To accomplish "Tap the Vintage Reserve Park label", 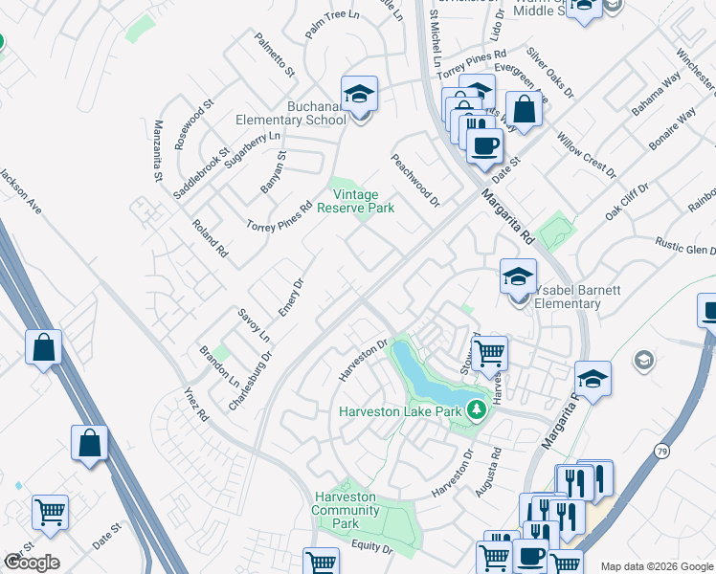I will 355,201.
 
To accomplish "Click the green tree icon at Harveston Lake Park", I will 476,411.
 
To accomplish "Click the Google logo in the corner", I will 32,563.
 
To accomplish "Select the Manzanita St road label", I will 159,150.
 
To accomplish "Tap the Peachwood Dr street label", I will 414,181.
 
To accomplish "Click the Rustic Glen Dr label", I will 684,245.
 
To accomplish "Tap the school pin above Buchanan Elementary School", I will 359,94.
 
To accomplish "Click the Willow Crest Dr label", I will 586,155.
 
